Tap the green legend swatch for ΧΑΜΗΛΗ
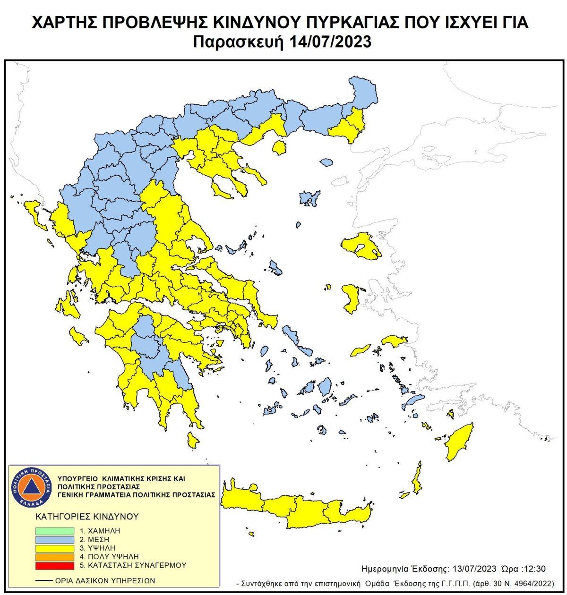tap(54, 531)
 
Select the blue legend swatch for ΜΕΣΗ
tap(54, 539)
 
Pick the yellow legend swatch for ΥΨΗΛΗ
tap(54, 548)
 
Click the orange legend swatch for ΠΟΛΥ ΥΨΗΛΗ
tap(54, 557)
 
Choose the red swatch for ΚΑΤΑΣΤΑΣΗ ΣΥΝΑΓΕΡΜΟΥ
tap(54, 565)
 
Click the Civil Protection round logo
tap(31, 486)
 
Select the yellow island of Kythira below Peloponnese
tap(192, 441)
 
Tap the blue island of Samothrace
tap(326, 162)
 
